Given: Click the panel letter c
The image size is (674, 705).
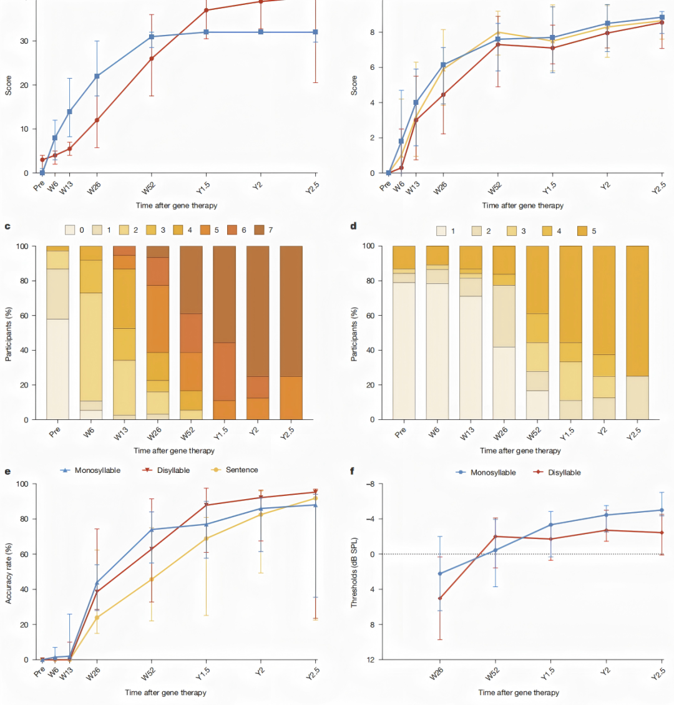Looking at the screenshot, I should coord(7,226).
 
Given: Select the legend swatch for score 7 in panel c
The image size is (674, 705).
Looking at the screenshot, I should coord(259,230).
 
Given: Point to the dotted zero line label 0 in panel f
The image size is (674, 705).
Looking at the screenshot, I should coord(371,554).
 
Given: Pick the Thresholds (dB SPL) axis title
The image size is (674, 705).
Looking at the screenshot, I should coord(354,571).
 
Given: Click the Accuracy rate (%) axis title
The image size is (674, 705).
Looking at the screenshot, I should coord(9,572).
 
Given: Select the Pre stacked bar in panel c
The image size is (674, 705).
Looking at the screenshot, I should coord(57,333).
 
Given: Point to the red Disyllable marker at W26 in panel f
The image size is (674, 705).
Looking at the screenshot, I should coord(440,598).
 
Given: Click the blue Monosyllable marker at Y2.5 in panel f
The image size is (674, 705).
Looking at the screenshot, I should coord(662,510).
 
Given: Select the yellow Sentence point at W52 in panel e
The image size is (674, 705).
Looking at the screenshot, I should coord(151,579).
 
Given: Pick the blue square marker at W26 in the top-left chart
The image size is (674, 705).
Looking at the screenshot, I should coord(97,76).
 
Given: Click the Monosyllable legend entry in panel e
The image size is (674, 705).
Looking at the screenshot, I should coord(92,470).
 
